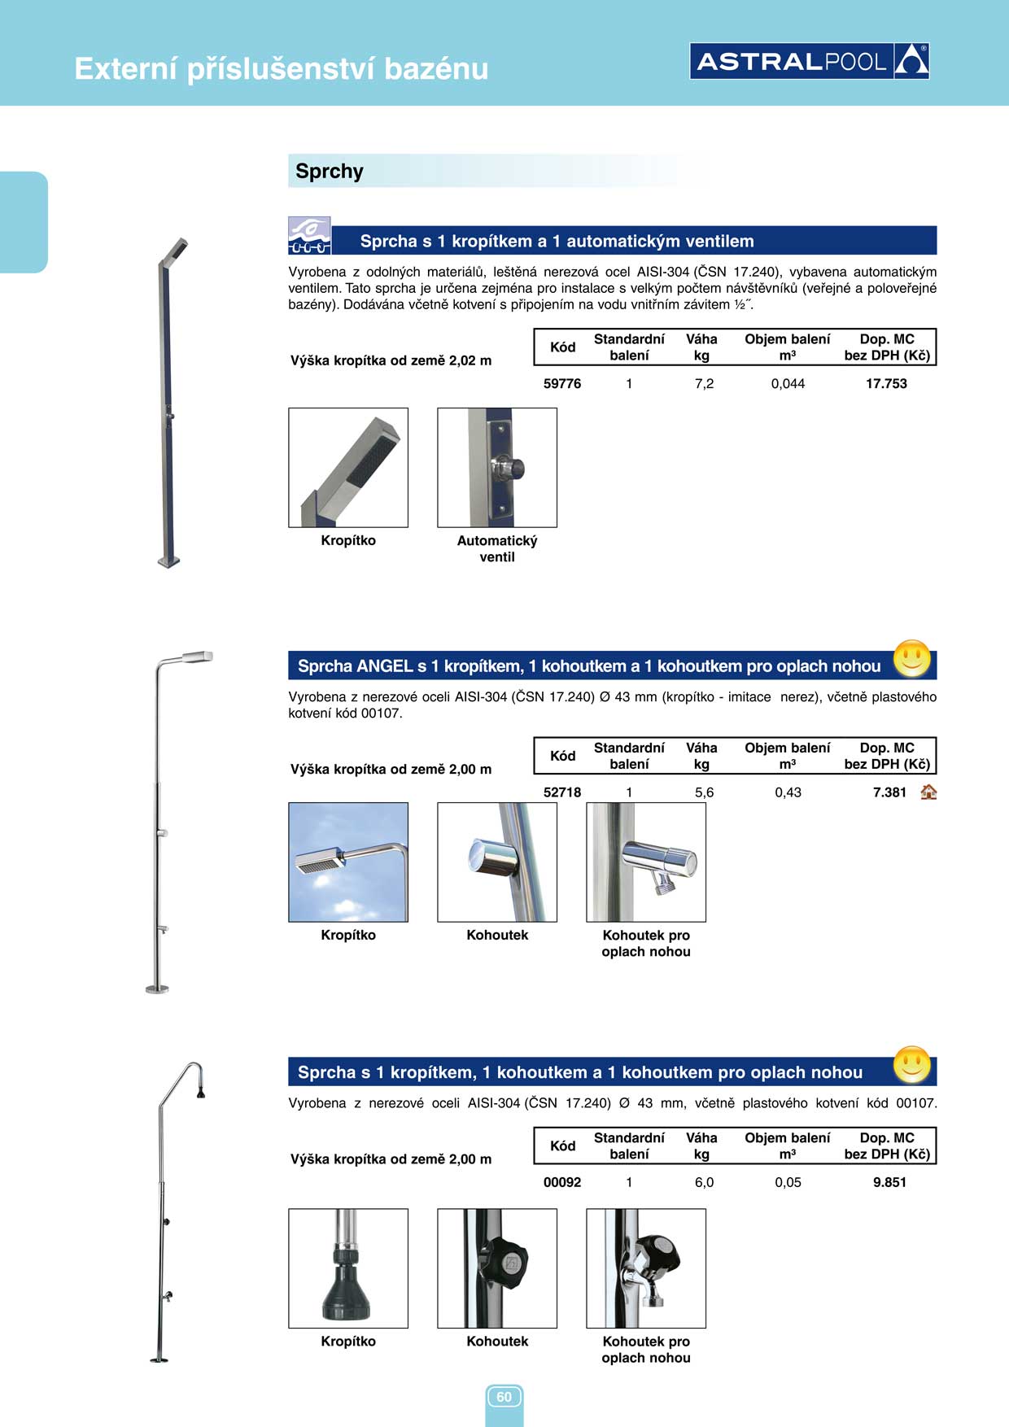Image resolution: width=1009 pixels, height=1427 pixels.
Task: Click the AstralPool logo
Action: (x=810, y=61)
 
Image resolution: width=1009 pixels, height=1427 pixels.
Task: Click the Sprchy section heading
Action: (x=330, y=172)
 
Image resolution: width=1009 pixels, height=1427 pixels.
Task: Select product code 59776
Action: (x=562, y=384)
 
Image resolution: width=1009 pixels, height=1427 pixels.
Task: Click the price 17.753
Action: (x=886, y=384)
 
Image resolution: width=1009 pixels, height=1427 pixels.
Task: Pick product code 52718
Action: (x=562, y=792)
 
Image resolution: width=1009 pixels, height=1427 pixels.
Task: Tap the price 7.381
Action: (x=889, y=792)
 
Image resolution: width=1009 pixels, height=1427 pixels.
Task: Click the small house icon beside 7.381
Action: (x=928, y=792)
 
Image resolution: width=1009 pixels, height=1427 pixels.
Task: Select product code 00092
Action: (x=562, y=1183)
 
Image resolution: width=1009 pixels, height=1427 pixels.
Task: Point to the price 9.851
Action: (x=889, y=1183)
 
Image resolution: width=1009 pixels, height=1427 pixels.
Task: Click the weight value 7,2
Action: (x=704, y=384)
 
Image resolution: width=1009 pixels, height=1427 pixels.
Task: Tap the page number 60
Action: (x=504, y=1397)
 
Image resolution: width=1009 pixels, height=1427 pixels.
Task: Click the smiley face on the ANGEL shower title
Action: (x=911, y=659)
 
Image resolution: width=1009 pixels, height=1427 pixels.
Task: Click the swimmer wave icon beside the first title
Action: (x=309, y=236)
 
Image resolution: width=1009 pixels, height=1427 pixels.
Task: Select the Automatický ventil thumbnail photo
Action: (x=497, y=468)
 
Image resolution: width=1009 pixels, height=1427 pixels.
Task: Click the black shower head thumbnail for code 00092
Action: (x=348, y=1268)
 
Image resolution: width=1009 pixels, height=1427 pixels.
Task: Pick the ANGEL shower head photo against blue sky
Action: (x=348, y=862)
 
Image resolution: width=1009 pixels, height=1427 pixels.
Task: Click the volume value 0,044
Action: (x=788, y=384)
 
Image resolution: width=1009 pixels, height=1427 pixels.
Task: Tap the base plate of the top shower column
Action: (x=168, y=561)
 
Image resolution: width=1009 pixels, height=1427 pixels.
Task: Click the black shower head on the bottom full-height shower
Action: (x=200, y=1093)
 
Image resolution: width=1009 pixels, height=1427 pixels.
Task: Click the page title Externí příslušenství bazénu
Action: (x=282, y=69)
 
